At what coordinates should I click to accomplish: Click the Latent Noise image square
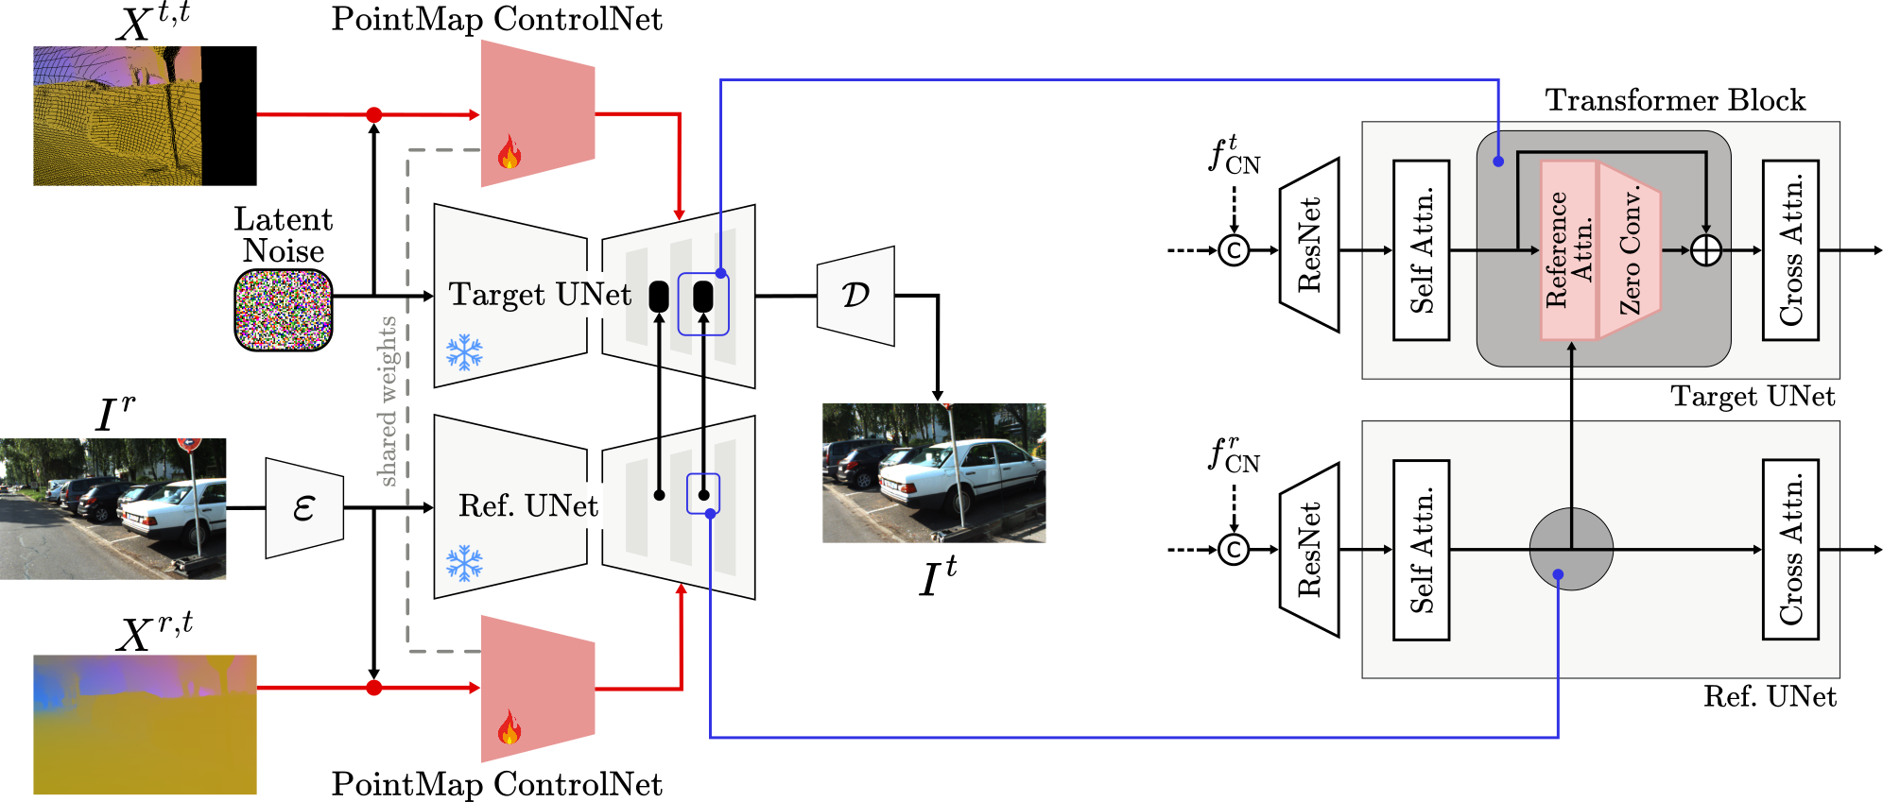pyautogui.click(x=283, y=310)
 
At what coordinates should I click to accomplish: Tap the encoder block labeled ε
pyautogui.click(x=303, y=508)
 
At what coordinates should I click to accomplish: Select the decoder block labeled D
pyautogui.click(x=855, y=296)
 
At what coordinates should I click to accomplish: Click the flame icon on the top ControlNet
pyautogui.click(x=510, y=155)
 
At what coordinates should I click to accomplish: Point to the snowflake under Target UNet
pyautogui.click(x=464, y=352)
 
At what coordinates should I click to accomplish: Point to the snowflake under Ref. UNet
pyautogui.click(x=464, y=563)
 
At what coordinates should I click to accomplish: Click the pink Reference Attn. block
pyautogui.click(x=1568, y=250)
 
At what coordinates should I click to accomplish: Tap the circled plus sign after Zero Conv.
pyautogui.click(x=1705, y=250)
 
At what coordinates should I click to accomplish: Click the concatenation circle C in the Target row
pyautogui.click(x=1234, y=250)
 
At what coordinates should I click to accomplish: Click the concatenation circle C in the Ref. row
pyautogui.click(x=1234, y=549)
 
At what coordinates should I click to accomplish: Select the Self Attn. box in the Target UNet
pyautogui.click(x=1421, y=250)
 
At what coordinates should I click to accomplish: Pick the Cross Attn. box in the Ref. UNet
pyautogui.click(x=1790, y=549)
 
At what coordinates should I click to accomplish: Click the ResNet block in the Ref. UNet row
pyautogui.click(x=1309, y=549)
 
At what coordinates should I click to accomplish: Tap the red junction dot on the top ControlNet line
pyautogui.click(x=373, y=115)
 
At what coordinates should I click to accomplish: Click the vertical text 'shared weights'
pyautogui.click(x=388, y=401)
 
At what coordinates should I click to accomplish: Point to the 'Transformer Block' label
pyautogui.click(x=1675, y=100)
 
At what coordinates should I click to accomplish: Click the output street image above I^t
pyautogui.click(x=934, y=472)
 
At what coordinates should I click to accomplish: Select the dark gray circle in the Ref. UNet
pyautogui.click(x=1571, y=549)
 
